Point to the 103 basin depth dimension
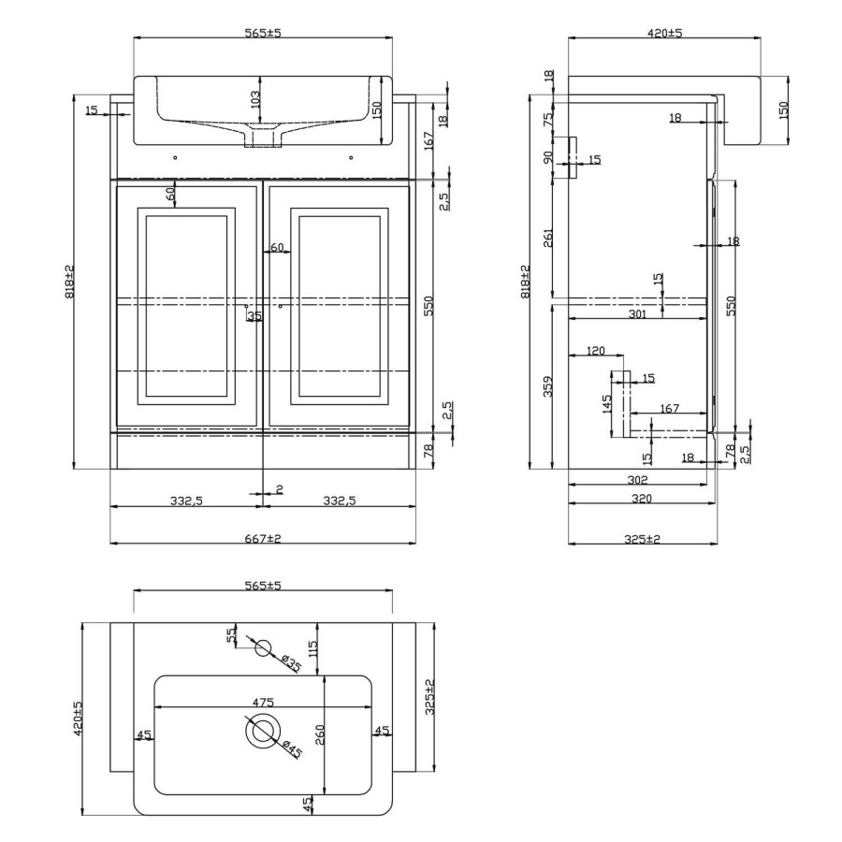[x=254, y=96]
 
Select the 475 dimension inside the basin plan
[x=263, y=702]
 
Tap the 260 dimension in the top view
[x=318, y=734]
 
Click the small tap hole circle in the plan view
[x=263, y=646]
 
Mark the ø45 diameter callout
[x=291, y=749]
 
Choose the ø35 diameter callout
[x=291, y=664]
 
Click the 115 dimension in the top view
[x=313, y=646]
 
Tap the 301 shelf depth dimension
[x=637, y=315]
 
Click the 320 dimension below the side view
[x=641, y=499]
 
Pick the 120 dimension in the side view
[x=595, y=352]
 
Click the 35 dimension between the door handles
[x=254, y=317]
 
